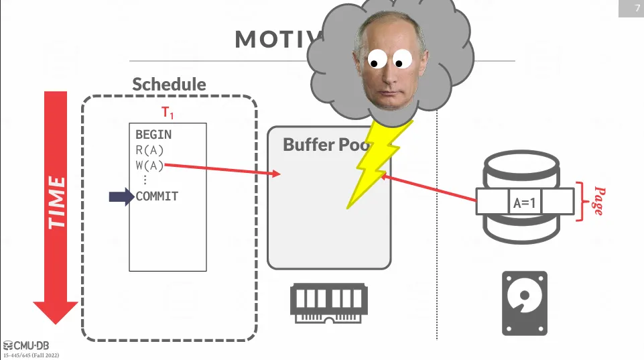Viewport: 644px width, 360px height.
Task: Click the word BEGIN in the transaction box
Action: point(153,135)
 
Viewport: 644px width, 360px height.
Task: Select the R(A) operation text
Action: point(149,150)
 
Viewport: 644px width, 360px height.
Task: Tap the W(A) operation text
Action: point(149,165)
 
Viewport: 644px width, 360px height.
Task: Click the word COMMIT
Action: point(157,196)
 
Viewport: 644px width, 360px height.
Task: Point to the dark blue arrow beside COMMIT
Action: point(121,196)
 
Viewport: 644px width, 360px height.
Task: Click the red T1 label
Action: point(168,112)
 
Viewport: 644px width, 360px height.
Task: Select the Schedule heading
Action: point(169,84)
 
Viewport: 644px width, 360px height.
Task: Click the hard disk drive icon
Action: point(525,303)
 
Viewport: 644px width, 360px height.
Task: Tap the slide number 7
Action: point(637,8)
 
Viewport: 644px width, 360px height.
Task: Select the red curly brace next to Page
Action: point(580,201)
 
